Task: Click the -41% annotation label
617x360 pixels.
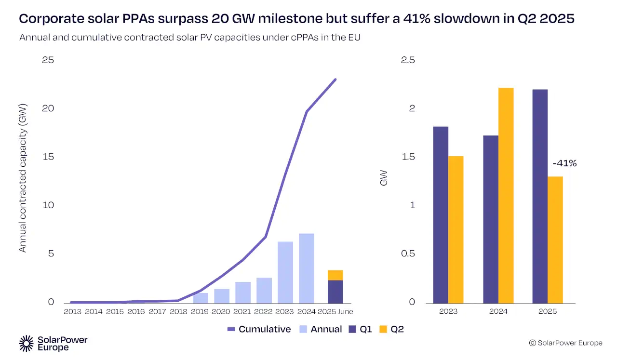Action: [x=564, y=163]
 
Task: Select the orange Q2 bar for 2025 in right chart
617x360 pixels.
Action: [x=555, y=240]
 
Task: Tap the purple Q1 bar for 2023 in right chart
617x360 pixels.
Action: [x=441, y=214]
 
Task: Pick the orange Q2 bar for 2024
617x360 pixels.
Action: [x=506, y=195]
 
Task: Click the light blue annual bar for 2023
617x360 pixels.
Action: [x=285, y=272]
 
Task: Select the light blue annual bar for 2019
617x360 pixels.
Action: [x=201, y=298]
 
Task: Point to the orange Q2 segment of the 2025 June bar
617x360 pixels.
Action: [x=335, y=275]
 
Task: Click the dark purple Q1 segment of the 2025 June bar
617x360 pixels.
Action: [x=335, y=292]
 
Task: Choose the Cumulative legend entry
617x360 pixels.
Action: [x=259, y=329]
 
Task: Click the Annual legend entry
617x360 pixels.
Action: [x=320, y=329]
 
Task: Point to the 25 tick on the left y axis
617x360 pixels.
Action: [x=48, y=60]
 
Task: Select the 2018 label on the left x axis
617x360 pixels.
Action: [x=179, y=312]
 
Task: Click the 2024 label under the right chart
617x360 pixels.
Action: [x=498, y=312]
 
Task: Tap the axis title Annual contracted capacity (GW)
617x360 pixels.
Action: [x=22, y=178]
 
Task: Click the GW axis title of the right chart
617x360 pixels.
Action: [x=384, y=178]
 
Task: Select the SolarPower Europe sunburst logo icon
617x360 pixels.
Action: [x=27, y=343]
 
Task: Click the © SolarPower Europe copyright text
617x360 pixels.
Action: [x=565, y=343]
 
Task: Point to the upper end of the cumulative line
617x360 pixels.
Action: [x=335, y=80]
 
